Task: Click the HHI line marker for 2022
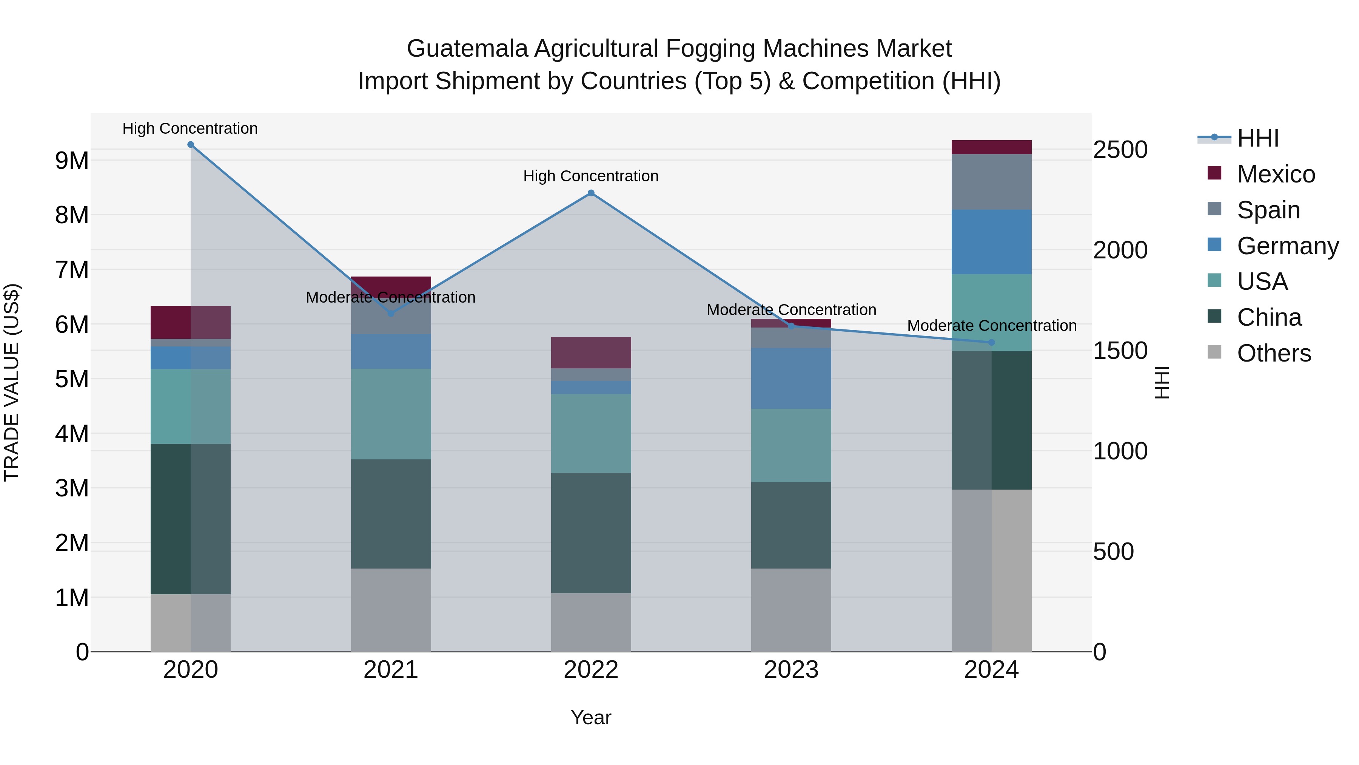pos(591,193)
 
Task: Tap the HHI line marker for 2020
pos(191,145)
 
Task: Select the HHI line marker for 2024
pos(991,343)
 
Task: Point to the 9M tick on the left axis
pos(72,161)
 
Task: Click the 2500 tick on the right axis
pos(1120,150)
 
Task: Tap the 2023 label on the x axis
pos(791,670)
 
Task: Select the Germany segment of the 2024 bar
pos(991,242)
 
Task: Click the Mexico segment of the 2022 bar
pos(591,353)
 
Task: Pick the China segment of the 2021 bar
pos(391,514)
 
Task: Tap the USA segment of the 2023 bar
pos(791,445)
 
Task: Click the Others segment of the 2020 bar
pos(191,623)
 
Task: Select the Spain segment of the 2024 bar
pos(991,182)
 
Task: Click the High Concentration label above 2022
pos(591,176)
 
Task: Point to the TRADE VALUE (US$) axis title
pos(12,382)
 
